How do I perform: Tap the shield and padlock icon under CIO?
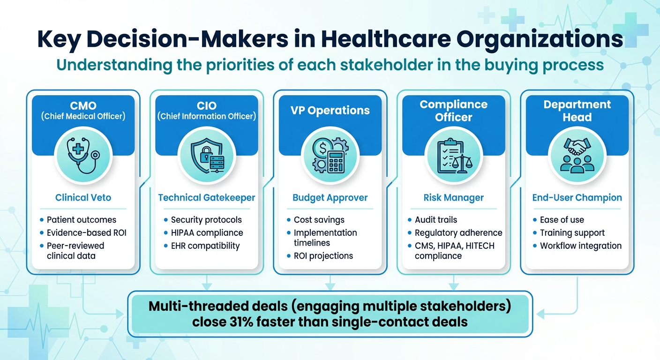[x=207, y=155]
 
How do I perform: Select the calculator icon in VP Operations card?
[x=336, y=161]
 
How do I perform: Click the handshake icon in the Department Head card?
[x=577, y=146]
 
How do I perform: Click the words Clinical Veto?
[x=83, y=197]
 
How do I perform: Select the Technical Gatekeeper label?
[x=207, y=197]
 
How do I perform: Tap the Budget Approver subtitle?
[x=330, y=198]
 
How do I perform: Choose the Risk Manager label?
[x=453, y=198]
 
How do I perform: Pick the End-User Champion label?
[x=577, y=198]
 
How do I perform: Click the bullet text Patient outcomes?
[x=81, y=220]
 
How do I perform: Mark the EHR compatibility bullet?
[x=205, y=246]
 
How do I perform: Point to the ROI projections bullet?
[x=323, y=256]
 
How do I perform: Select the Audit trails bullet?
[x=436, y=220]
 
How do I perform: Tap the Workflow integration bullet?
[x=580, y=246]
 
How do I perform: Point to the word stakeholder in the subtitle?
[x=386, y=65]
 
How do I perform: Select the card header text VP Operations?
[x=330, y=111]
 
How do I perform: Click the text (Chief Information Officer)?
[x=207, y=116]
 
